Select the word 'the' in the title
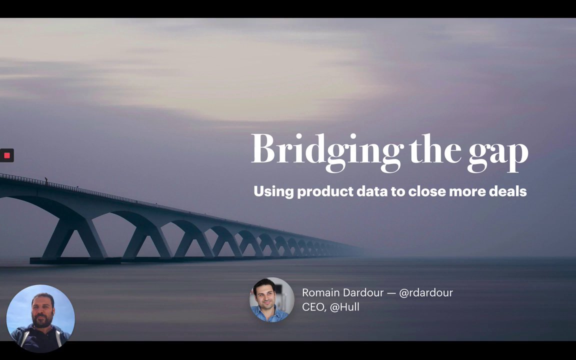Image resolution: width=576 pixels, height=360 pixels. (x=435, y=149)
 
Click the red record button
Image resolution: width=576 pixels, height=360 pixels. (x=6, y=155)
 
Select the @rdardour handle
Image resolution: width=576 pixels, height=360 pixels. (x=426, y=292)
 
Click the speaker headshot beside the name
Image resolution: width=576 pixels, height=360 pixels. (x=272, y=300)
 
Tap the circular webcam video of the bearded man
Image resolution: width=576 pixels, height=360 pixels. (x=40, y=318)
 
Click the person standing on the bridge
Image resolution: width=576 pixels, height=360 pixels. (x=46, y=180)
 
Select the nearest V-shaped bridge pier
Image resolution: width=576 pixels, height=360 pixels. (x=74, y=239)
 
